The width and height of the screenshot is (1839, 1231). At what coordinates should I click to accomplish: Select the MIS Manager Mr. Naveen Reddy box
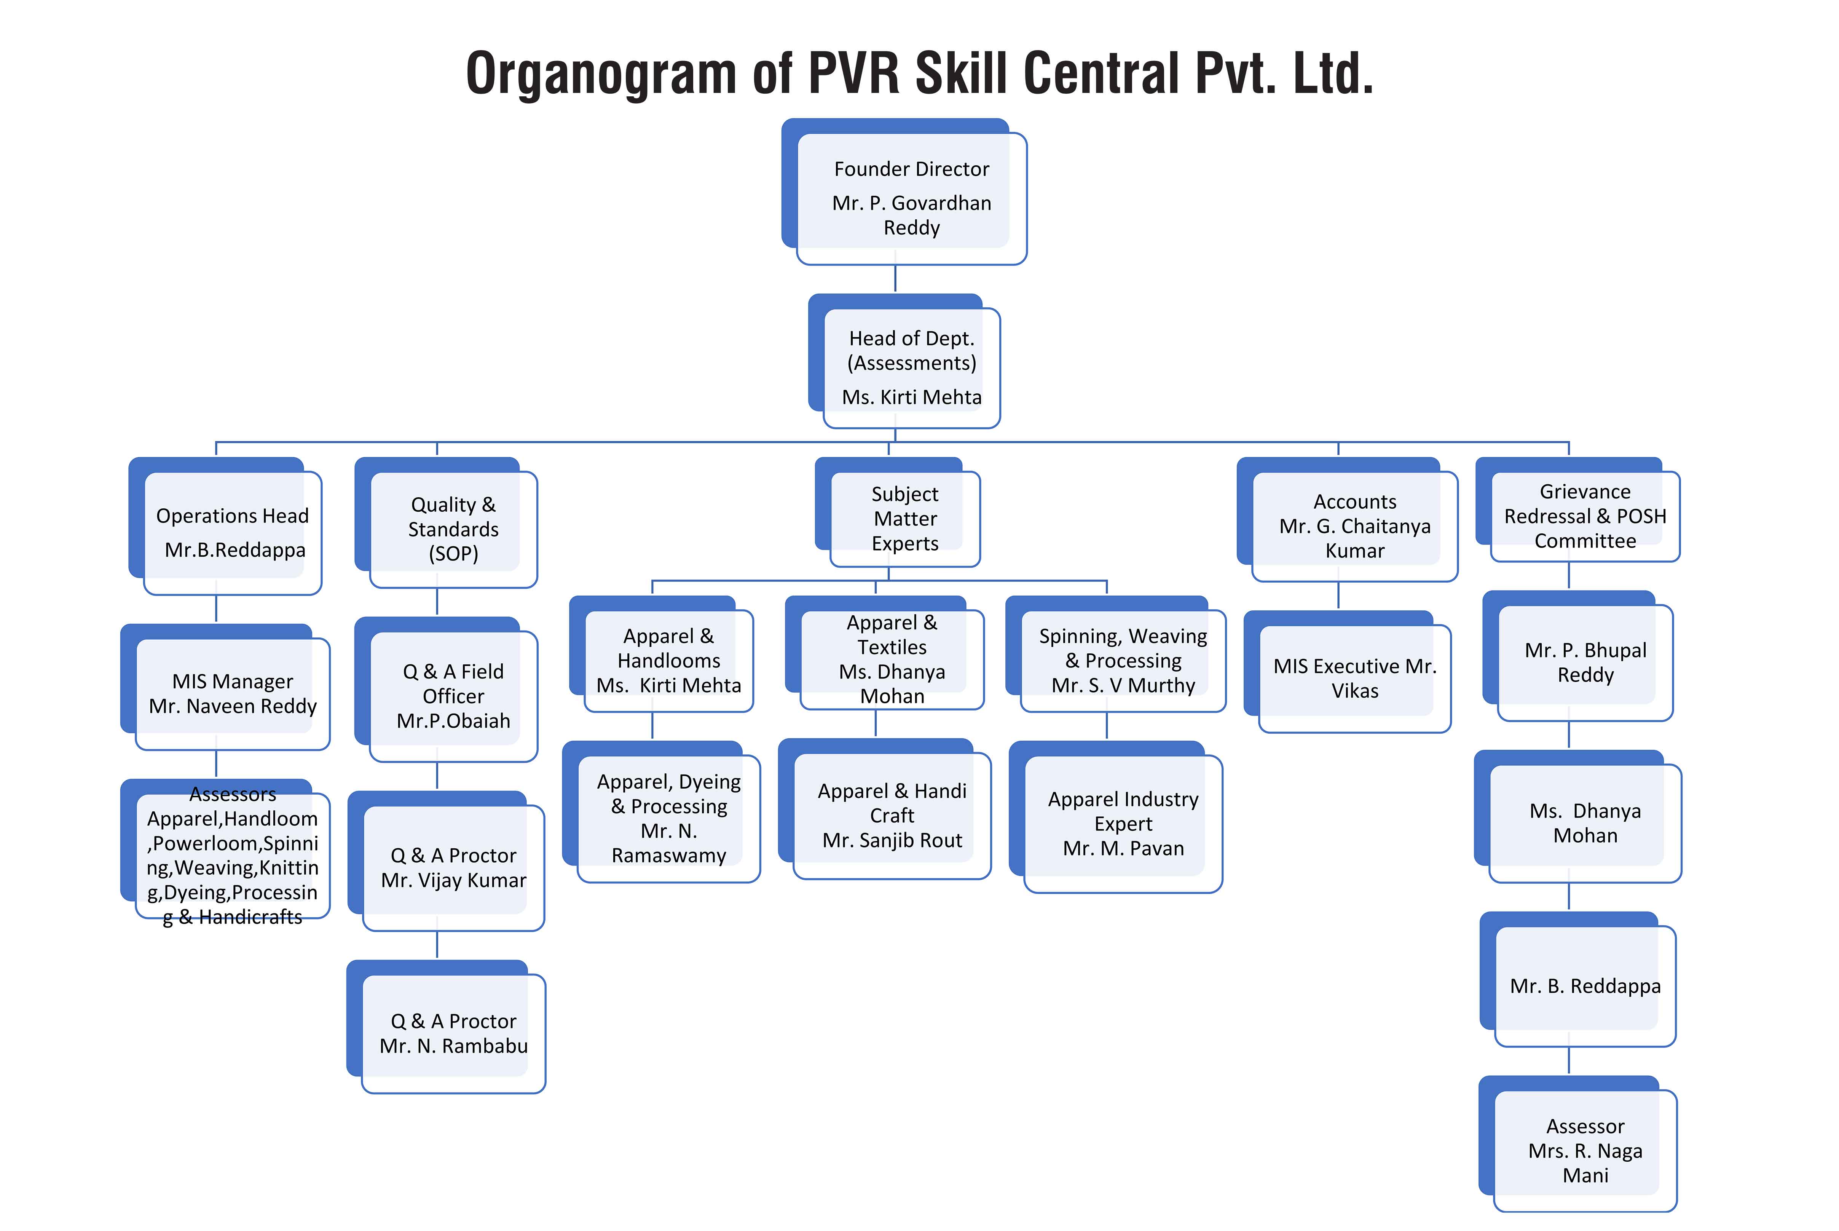(232, 693)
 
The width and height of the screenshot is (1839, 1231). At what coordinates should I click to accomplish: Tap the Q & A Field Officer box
(453, 696)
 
